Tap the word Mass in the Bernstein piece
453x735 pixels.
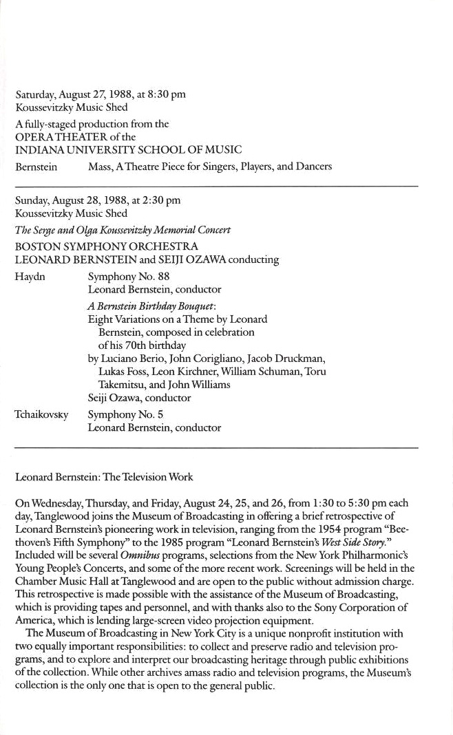(101, 166)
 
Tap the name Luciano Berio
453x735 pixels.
(129, 359)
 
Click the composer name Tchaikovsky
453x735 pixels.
(41, 415)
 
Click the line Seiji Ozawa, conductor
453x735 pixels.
(140, 398)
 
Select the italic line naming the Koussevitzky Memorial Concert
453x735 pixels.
(123, 230)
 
